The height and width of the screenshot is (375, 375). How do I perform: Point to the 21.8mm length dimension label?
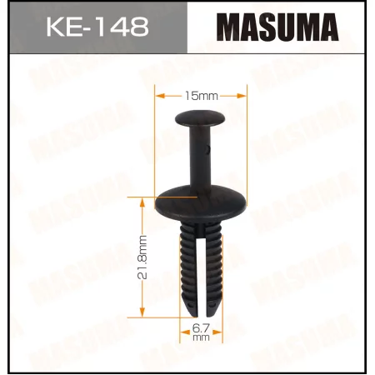click(143, 259)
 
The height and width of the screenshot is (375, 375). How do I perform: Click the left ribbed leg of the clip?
click(187, 267)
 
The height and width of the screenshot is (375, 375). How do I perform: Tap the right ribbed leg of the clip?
click(216, 267)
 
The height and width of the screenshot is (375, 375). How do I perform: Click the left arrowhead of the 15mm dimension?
click(158, 97)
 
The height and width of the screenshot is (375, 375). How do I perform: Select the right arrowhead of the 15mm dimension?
click(245, 97)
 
